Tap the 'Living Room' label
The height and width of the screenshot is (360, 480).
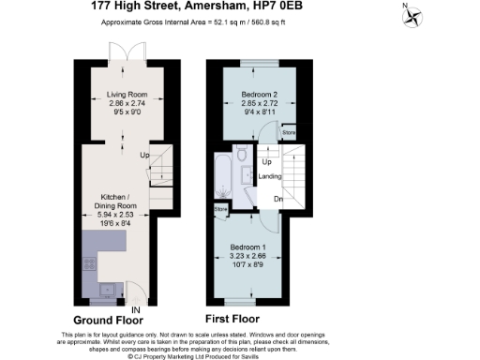tap(126, 95)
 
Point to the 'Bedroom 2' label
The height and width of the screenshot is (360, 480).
tap(255, 96)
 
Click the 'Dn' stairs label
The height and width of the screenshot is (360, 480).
tap(278, 199)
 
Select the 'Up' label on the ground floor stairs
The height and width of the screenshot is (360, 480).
tap(144, 155)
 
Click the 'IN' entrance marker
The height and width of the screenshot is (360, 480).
tap(137, 309)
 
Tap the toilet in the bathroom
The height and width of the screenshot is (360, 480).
tap(241, 155)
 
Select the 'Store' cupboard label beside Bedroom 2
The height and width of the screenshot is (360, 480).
tap(289, 133)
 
